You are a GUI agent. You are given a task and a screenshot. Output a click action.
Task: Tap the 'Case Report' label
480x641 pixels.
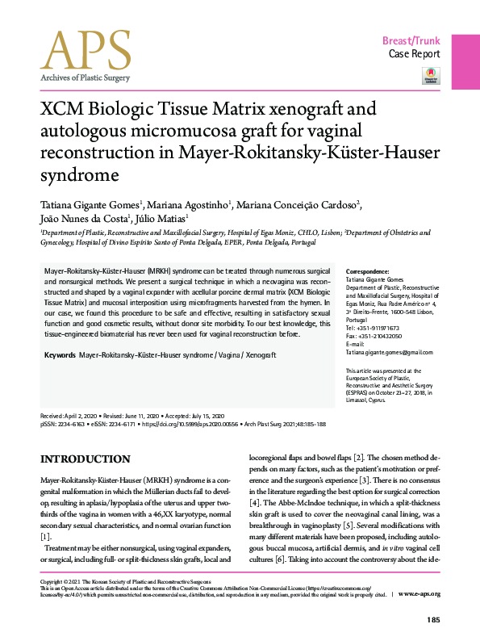tap(415, 54)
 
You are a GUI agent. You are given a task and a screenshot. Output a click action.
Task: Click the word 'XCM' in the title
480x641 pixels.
tap(62, 111)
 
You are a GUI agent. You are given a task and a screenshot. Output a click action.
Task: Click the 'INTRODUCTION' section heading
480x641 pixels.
tap(81, 459)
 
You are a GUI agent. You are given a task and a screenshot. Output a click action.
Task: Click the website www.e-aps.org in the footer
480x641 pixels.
tap(419, 593)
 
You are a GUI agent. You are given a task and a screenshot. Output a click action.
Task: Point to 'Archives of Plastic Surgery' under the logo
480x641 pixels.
tap(85, 78)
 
